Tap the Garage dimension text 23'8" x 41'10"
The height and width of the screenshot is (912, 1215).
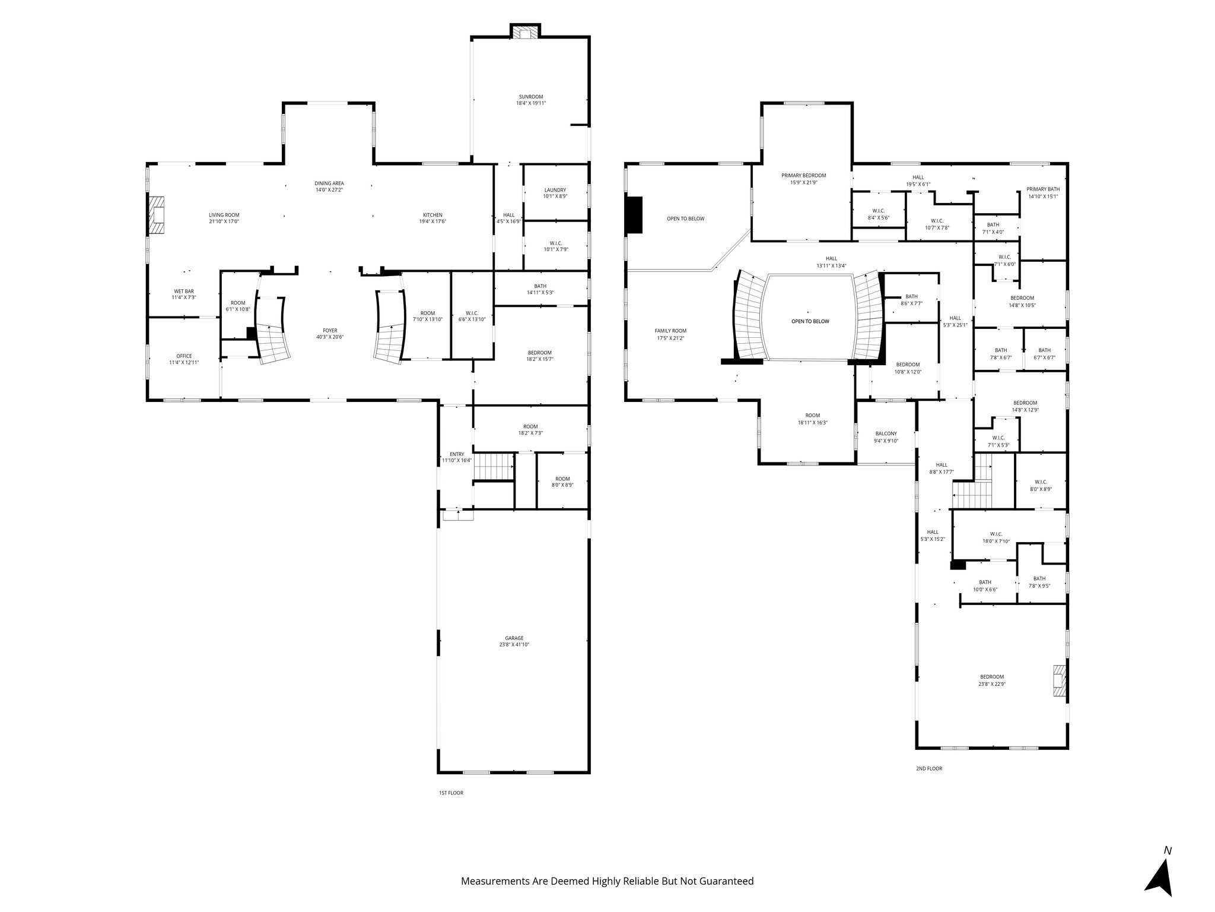tap(514, 644)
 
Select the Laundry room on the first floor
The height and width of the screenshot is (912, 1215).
tap(555, 193)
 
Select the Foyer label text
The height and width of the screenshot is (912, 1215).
tap(330, 331)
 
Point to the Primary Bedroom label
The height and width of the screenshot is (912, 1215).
tap(803, 176)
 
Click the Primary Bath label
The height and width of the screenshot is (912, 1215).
tap(1042, 189)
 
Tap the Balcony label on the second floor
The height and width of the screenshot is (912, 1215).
tap(886, 433)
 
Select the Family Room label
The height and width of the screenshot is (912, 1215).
tap(670, 331)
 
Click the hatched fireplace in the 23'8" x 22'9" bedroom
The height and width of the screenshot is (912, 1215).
tap(1058, 681)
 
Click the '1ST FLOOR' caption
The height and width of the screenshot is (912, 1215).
tap(451, 793)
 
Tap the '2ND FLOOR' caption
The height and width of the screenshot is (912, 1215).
tap(928, 768)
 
